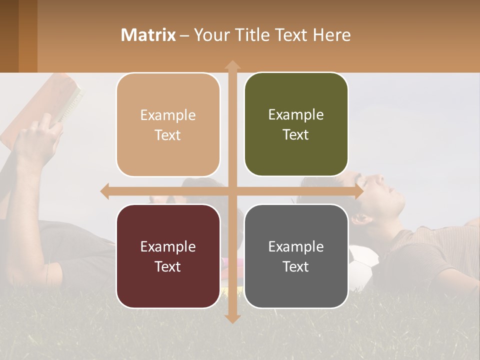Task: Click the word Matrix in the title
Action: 148,35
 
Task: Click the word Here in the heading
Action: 331,35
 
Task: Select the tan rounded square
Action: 168,125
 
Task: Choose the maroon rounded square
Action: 168,256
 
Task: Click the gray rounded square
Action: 296,256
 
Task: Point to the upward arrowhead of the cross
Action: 232,65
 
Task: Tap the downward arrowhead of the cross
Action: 232,318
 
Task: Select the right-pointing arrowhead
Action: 358,191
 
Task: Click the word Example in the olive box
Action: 296,114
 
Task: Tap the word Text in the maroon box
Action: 168,266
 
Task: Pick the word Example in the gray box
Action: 296,246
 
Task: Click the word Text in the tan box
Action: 168,135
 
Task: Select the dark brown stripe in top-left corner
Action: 9,35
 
